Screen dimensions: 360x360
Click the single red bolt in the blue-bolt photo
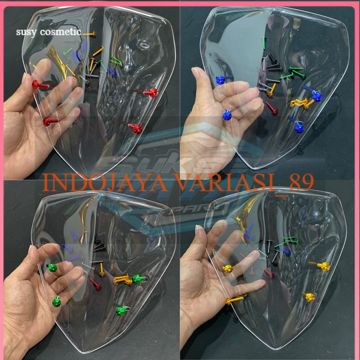[271, 108]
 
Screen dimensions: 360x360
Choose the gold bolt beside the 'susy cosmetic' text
[89, 34]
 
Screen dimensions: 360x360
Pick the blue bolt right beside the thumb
[220, 80]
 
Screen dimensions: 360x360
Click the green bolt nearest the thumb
[51, 269]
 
